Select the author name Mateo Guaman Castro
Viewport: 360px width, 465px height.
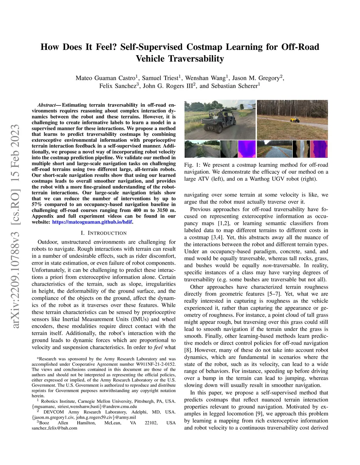coord(105,78)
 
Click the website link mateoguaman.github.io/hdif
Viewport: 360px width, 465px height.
coord(92,222)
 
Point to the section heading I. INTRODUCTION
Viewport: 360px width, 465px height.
coord(103,233)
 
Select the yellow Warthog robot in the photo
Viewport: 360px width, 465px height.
coord(295,120)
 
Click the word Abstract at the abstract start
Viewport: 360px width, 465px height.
coord(46,105)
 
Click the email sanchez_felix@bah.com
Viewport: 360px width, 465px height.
coord(54,428)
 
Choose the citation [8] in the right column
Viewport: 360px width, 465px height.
coord(188,350)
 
